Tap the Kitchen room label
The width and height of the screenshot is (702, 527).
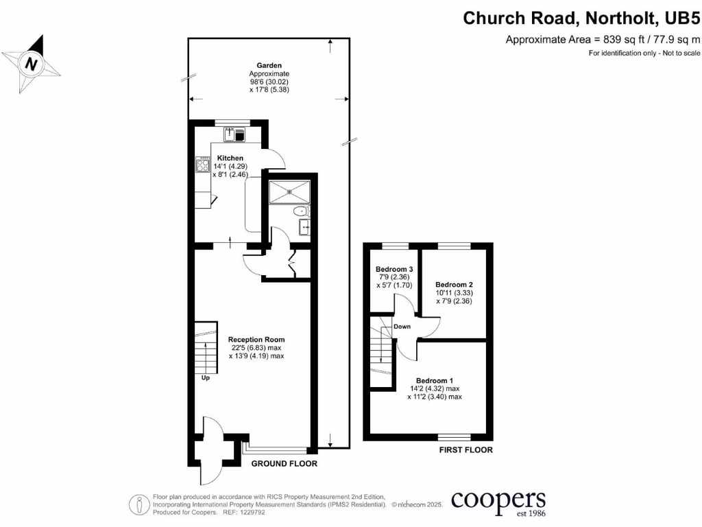(230, 159)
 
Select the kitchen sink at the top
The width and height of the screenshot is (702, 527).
(234, 134)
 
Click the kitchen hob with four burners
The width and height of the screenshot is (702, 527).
(203, 165)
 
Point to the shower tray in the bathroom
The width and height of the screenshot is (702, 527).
(289, 193)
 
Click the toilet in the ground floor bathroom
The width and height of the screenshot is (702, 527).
(300, 211)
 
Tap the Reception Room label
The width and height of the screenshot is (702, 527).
(256, 340)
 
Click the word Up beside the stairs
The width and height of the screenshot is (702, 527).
(205, 377)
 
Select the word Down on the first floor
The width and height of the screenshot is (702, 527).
(402, 327)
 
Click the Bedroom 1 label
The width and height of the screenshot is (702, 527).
(434, 380)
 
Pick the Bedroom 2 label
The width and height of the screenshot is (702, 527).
(454, 284)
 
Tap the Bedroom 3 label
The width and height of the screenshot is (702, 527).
(394, 268)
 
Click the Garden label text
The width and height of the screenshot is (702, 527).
(269, 66)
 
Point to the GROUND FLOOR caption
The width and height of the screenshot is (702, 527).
(284, 464)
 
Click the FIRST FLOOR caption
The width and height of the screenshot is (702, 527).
(465, 450)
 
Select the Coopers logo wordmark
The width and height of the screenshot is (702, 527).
(498, 499)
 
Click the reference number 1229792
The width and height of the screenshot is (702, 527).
(254, 513)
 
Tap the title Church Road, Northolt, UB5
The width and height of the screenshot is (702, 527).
(581, 17)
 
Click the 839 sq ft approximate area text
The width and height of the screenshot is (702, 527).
(603, 39)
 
